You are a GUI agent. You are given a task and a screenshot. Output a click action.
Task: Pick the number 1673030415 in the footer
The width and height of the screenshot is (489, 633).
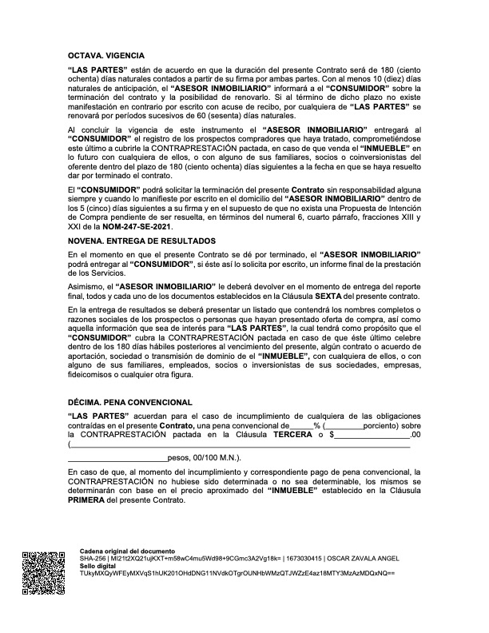pos(293,559)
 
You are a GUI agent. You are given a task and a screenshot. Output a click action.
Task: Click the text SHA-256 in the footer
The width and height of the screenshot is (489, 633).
pos(94,559)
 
